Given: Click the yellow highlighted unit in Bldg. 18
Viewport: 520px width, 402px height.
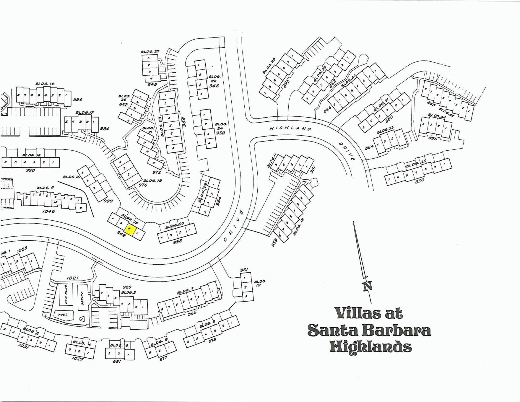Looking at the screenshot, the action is [129, 229].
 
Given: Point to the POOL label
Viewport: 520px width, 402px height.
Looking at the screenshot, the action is [62, 315].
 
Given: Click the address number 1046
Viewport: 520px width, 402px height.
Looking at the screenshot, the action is [49, 211].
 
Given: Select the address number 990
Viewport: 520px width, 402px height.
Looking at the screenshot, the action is [30, 170].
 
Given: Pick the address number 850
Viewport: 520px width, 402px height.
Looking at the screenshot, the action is [419, 180].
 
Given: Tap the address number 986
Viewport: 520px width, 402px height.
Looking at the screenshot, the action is [77, 99].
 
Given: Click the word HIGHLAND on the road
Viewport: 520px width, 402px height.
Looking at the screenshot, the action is [290, 128].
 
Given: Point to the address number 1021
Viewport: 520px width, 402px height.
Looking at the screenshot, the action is [73, 278].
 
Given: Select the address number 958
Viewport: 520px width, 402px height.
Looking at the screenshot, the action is [178, 241].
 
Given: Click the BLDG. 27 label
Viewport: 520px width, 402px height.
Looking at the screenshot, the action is [150, 52].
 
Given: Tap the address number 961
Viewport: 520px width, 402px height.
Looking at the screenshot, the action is [244, 270].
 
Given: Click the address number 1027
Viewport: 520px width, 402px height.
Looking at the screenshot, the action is [77, 359].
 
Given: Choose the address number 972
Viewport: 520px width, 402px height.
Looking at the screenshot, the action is [157, 172].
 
